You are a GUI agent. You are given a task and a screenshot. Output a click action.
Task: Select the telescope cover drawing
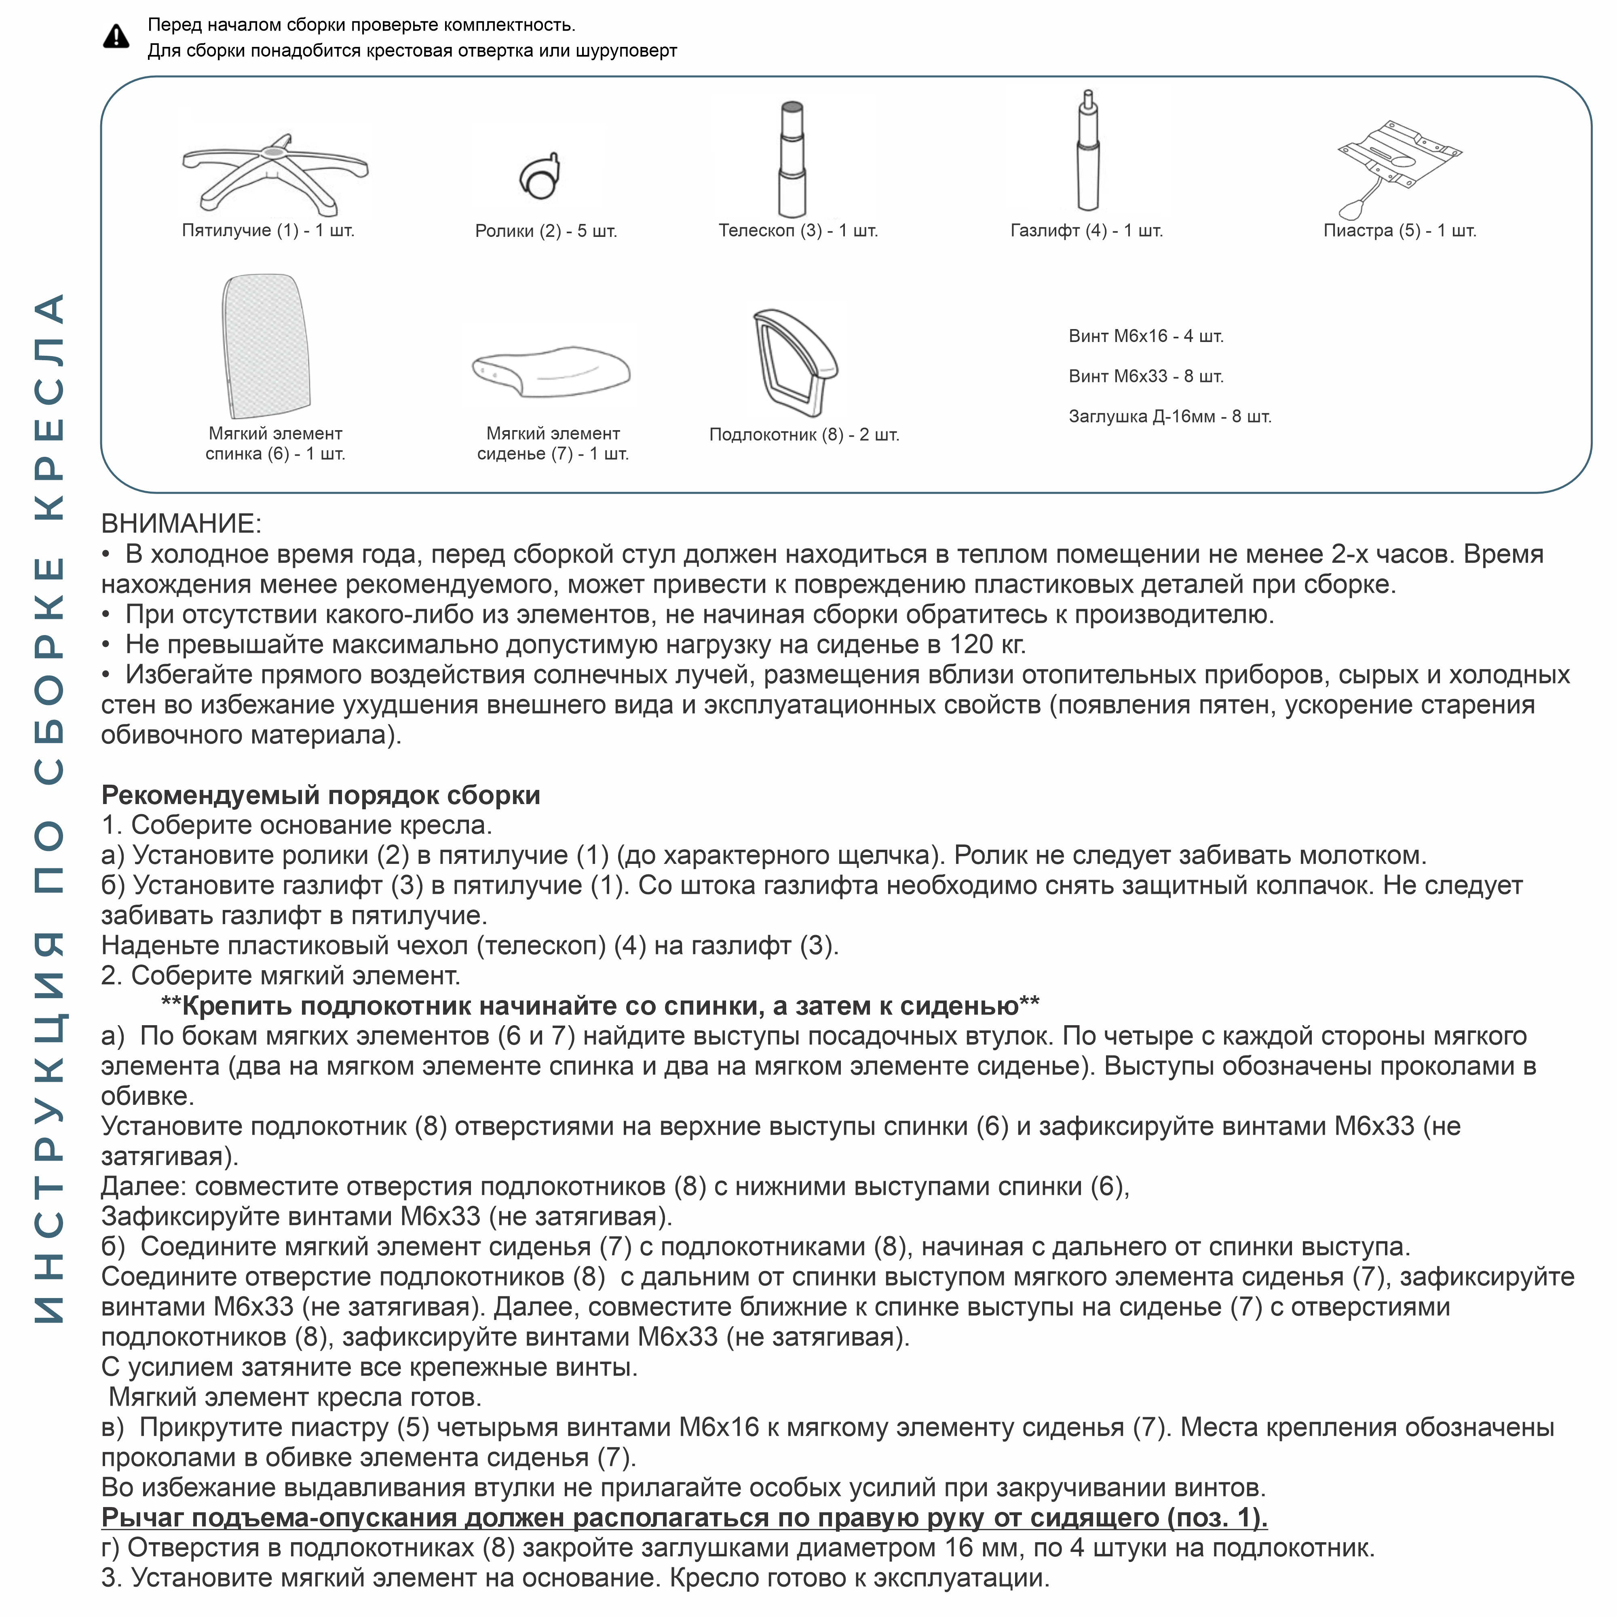click(792, 159)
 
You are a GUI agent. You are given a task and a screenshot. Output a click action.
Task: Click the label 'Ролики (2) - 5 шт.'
click(546, 231)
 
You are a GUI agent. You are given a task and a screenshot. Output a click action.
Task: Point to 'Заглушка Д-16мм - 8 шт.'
click(1169, 417)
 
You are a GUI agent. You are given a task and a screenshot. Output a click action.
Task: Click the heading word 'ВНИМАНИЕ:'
click(181, 524)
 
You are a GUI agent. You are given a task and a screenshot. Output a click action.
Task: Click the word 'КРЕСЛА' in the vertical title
click(50, 406)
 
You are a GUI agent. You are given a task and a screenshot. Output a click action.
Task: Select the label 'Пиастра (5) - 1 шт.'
click(1400, 231)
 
